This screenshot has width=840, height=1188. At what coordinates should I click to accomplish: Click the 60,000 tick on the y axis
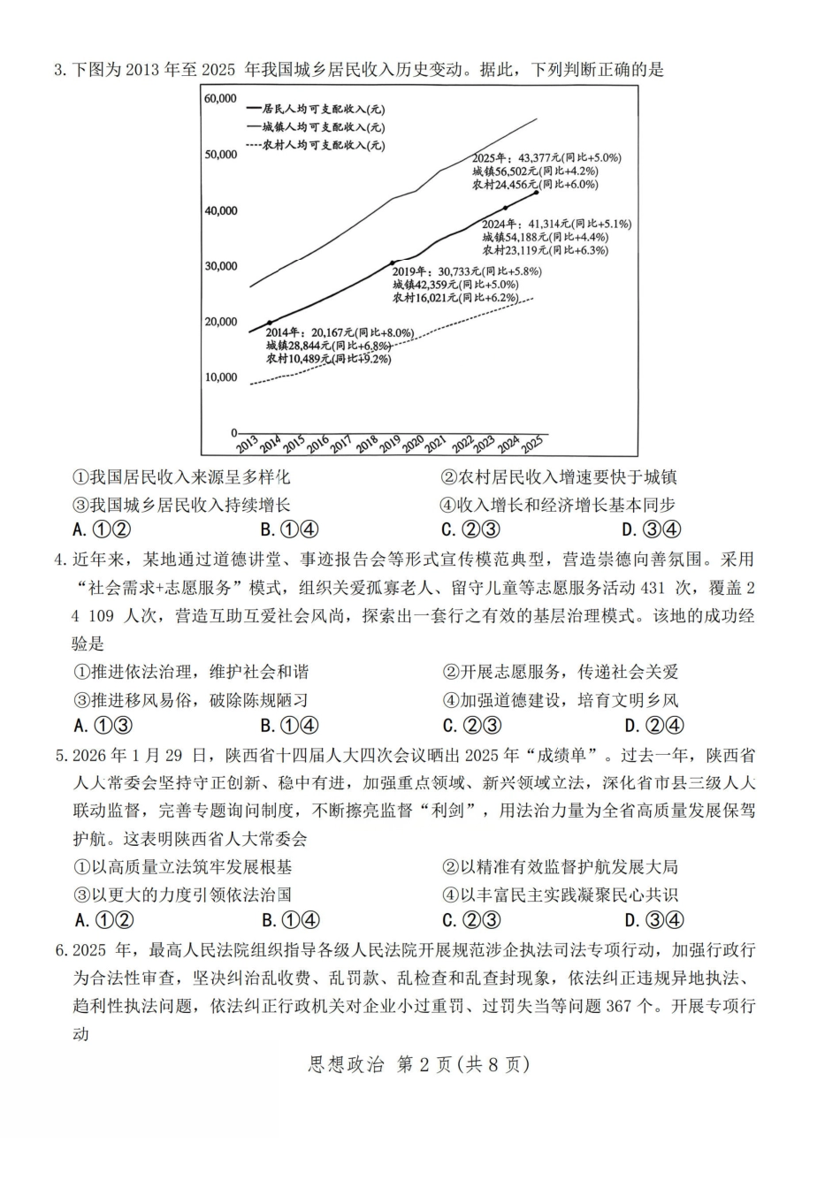(220, 98)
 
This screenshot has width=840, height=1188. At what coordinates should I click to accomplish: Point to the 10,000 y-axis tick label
(220, 377)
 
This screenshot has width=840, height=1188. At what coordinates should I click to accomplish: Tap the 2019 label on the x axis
(389, 445)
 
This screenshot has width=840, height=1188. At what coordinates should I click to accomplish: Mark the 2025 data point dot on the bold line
(536, 192)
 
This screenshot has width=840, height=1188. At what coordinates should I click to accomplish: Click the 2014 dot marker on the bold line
(270, 323)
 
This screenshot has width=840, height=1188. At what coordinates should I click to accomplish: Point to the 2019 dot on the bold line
(393, 263)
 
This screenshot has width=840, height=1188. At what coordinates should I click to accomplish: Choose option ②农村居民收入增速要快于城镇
(559, 477)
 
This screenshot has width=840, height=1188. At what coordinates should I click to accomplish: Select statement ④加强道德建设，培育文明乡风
(560, 700)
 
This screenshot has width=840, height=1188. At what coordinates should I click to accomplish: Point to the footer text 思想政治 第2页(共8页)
(418, 1065)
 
